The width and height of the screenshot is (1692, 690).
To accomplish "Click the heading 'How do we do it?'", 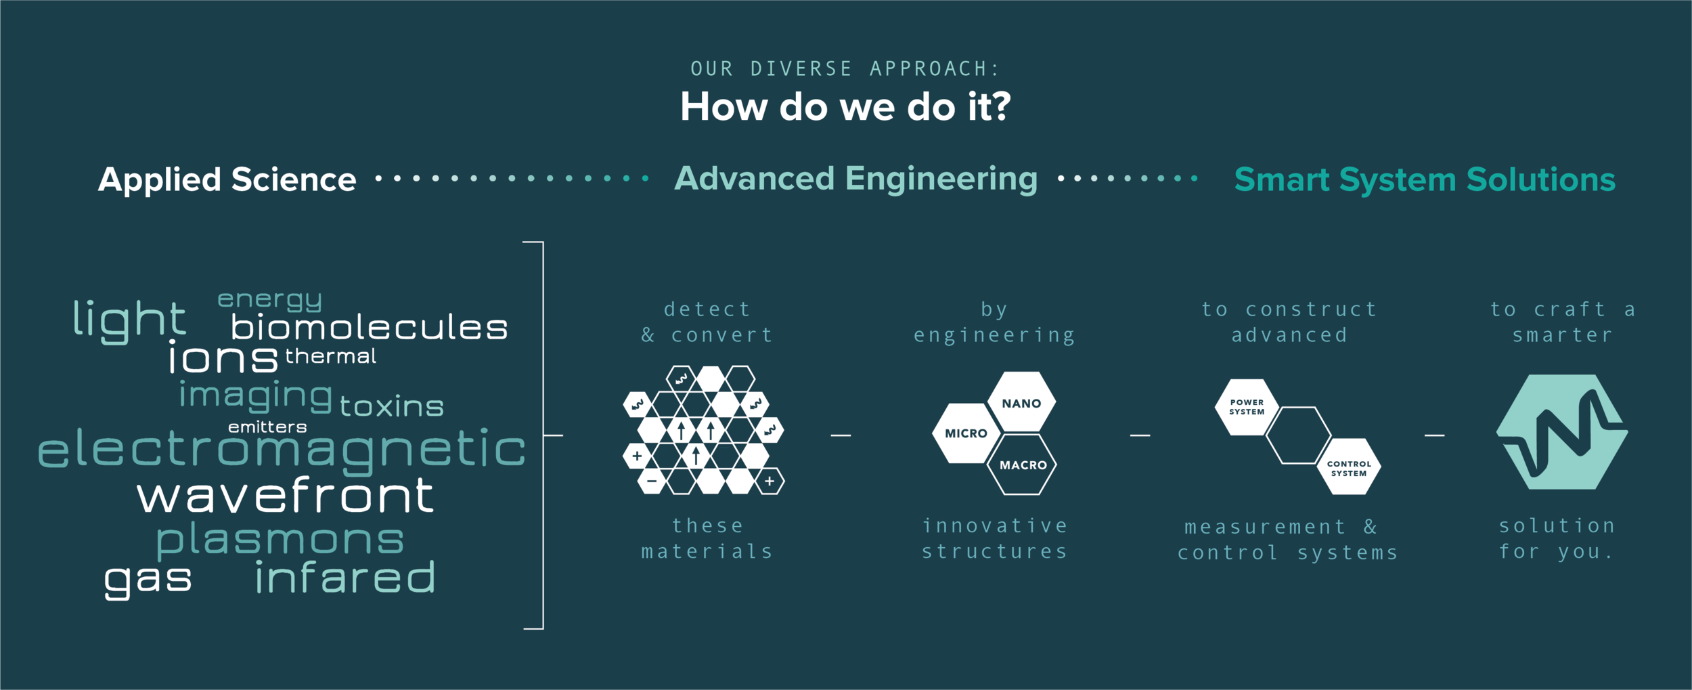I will [845, 107].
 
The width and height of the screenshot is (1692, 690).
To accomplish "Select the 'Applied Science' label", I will [227, 180].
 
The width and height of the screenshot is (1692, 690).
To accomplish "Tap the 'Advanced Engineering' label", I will [856, 179].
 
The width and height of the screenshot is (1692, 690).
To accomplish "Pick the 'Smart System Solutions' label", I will [1425, 180].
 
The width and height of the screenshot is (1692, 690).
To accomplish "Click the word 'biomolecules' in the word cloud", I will [369, 328].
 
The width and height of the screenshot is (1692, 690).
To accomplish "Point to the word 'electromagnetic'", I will [282, 450].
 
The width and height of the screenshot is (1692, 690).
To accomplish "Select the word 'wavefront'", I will [285, 496].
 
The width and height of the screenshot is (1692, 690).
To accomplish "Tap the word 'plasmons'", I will [280, 540].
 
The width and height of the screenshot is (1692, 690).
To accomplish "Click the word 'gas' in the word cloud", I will [148, 580].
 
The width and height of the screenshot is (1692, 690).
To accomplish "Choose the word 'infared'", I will [345, 578].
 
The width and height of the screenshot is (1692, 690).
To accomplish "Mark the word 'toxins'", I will [391, 406].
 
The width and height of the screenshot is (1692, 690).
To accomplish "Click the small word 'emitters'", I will [267, 427].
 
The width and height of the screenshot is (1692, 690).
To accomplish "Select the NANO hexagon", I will [1021, 403].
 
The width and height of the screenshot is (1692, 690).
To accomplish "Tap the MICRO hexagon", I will [966, 433].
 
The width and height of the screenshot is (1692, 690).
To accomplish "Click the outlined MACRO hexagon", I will [1023, 465].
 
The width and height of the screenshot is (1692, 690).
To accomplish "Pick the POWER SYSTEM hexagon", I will [1247, 407].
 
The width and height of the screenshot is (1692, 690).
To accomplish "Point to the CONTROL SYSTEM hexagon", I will [1349, 468].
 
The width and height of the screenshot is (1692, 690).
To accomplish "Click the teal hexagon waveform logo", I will [1561, 432].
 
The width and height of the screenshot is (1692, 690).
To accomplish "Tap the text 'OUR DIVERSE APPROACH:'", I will [845, 69].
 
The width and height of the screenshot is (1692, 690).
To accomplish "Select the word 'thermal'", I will [330, 356].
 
